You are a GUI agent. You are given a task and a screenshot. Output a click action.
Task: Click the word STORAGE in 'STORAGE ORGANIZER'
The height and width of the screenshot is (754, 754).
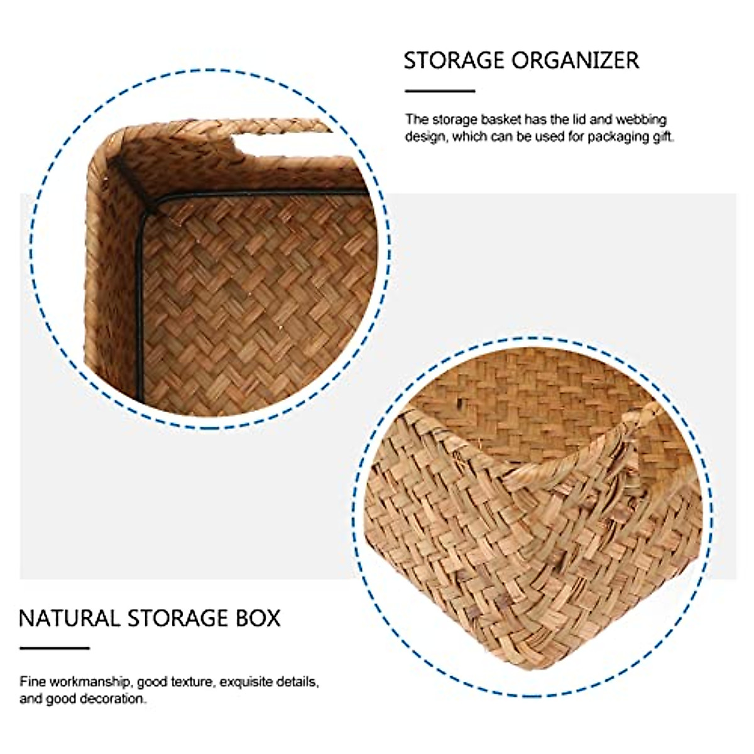(454, 61)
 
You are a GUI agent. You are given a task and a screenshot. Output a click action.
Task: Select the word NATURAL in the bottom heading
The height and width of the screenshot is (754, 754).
(69, 618)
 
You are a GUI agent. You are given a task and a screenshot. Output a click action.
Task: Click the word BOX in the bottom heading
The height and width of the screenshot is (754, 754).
(258, 618)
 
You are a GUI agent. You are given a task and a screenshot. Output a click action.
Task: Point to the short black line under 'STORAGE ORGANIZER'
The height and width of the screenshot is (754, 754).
(439, 91)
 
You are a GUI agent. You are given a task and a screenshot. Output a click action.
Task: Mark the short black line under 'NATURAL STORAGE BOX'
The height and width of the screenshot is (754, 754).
(55, 648)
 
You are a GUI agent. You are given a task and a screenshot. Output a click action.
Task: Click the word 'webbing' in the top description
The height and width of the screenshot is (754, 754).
(641, 120)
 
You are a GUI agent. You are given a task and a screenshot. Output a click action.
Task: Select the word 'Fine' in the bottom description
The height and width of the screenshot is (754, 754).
(33, 682)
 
